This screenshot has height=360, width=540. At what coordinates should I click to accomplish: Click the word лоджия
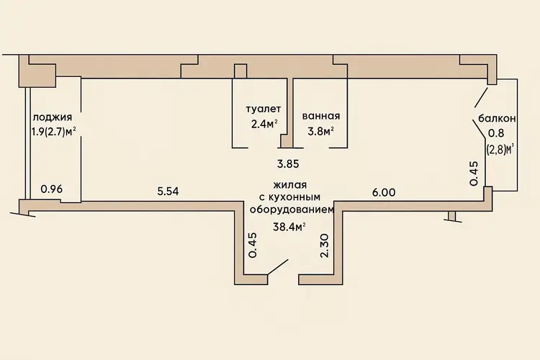pos(53,118)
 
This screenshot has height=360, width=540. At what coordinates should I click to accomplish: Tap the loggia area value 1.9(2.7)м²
pos(54,132)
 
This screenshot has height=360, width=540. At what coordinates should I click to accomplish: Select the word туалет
pos(264,109)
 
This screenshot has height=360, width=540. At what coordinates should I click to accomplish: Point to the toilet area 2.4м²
pos(264,124)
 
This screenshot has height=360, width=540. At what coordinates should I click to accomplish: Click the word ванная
pos(321,116)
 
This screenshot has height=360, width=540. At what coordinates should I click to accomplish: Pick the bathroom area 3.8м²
pos(321,131)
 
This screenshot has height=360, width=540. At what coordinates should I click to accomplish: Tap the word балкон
pos(497,119)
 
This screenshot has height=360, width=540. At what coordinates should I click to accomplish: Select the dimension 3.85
pos(288,164)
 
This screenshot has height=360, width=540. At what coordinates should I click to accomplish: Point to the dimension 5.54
pos(168,192)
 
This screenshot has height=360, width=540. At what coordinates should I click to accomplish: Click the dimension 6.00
pos(384,192)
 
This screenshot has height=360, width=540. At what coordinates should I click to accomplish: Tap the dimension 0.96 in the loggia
pos(52,189)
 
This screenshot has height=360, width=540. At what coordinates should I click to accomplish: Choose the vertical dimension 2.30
pos(325,246)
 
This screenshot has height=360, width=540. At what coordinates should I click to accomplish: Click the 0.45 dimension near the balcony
pos(474,174)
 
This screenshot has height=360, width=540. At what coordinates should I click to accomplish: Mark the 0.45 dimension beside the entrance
pos(253,246)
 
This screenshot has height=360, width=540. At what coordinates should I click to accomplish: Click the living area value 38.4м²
pos(289,227)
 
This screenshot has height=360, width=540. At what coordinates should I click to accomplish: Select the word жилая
pos(290,185)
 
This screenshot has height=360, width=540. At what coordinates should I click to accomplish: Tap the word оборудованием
pos(292,210)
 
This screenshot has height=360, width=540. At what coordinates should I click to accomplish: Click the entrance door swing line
pos(278,267)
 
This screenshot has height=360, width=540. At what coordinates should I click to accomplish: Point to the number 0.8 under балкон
pos(497,133)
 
